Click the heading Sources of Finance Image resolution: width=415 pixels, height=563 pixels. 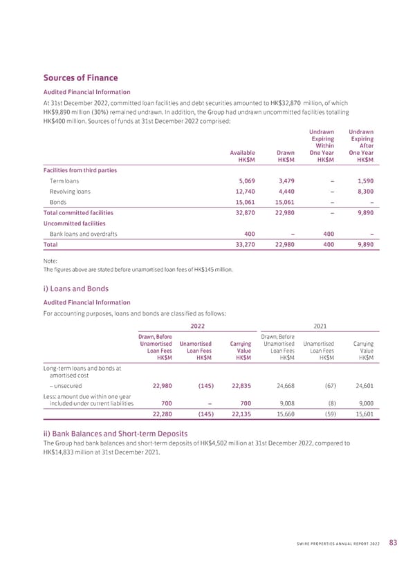tap(81, 78)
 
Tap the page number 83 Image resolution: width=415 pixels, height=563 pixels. tap(393, 542)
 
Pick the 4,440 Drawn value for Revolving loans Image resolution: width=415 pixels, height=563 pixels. tap(288, 192)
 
